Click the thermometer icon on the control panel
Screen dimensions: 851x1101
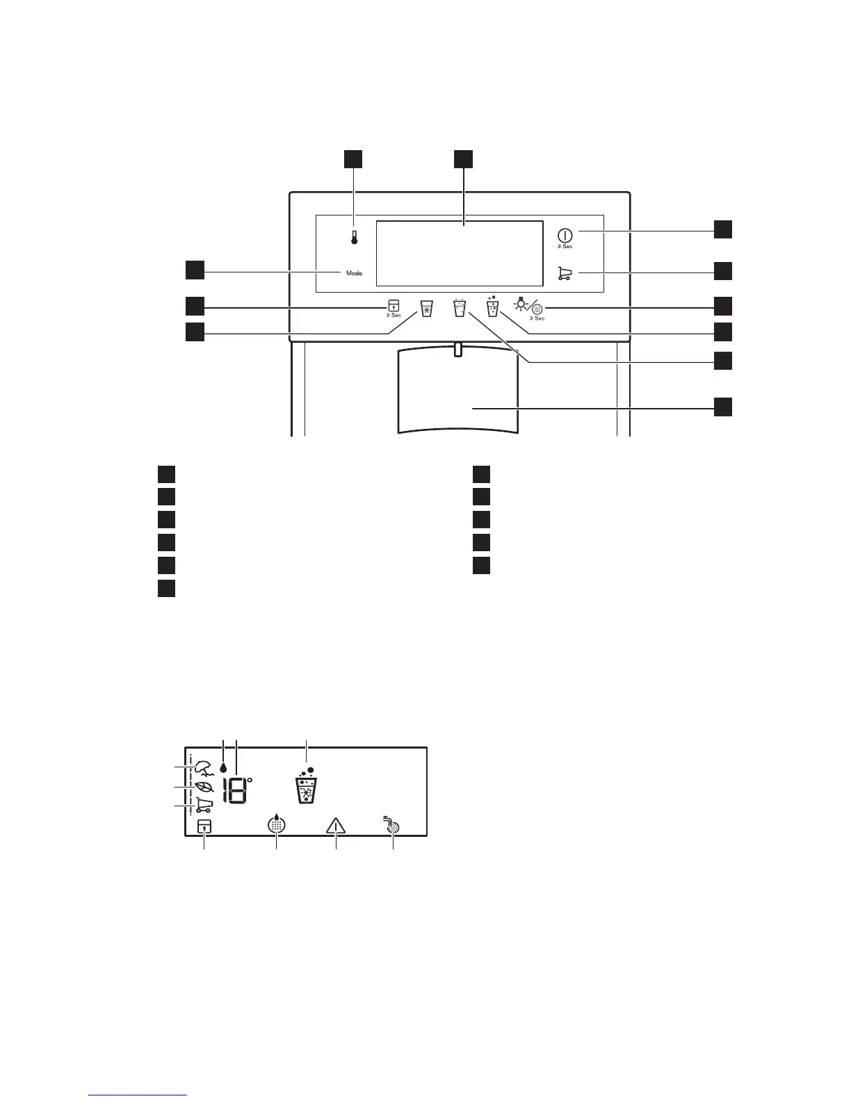tap(354, 238)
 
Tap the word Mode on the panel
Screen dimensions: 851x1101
tap(355, 273)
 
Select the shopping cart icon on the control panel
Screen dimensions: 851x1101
tap(565, 274)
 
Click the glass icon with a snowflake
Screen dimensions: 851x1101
tap(427, 309)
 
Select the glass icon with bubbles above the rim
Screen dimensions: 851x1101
tap(492, 307)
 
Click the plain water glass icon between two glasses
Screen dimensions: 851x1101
tap(458, 308)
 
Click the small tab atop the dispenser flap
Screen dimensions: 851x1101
tap(456, 349)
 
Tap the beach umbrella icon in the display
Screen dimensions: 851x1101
tap(204, 767)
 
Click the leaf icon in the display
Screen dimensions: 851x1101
tap(204, 787)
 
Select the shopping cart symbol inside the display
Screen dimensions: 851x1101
tap(204, 805)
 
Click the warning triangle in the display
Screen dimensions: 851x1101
tap(336, 826)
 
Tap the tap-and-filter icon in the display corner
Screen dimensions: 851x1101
tap(392, 824)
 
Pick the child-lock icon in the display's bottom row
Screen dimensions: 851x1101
tap(204, 826)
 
